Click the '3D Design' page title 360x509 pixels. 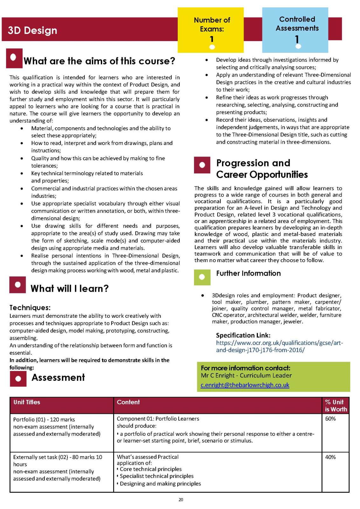click(32, 30)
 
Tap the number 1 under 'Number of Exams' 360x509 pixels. click(212, 39)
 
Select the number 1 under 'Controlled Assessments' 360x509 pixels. click(297, 39)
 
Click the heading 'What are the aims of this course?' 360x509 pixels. click(99, 61)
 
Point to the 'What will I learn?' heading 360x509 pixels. click(70, 289)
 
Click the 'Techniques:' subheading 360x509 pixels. click(30, 308)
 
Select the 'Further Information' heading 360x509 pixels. click(248, 273)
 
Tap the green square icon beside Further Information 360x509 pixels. click(202, 277)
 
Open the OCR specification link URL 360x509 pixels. click(279, 346)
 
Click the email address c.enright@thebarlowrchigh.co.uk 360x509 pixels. click(245, 385)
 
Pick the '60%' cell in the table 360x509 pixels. click(330, 419)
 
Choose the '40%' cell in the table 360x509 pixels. click(330, 457)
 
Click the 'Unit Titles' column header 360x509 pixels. click(27, 402)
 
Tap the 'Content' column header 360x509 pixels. click(128, 402)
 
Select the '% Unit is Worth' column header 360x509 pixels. click(336, 406)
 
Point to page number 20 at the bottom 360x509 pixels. click(181, 500)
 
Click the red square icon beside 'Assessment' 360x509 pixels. click(18, 378)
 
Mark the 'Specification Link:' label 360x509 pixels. click(243, 335)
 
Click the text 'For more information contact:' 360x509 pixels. click(246, 368)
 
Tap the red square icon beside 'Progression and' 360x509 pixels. click(202, 165)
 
